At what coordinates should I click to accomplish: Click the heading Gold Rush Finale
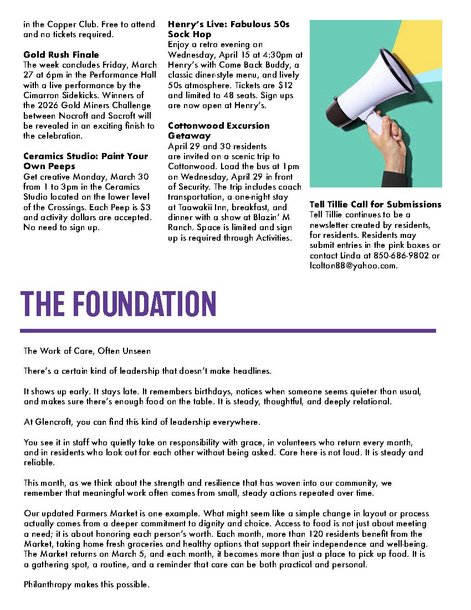[x=61, y=55]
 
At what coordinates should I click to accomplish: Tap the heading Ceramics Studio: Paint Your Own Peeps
[x=85, y=161]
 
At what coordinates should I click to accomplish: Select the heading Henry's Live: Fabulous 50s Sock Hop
[x=228, y=29]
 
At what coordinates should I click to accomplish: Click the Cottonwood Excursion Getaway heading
[x=219, y=130]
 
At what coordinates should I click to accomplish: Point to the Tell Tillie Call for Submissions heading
[x=375, y=205]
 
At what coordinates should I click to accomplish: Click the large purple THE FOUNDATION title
[x=118, y=303]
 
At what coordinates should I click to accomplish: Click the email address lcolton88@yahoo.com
[x=354, y=266]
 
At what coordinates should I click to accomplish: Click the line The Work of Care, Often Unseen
[x=87, y=351]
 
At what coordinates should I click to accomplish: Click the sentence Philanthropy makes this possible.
[x=86, y=584]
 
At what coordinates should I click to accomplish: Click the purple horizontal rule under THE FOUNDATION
[x=228, y=331]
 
